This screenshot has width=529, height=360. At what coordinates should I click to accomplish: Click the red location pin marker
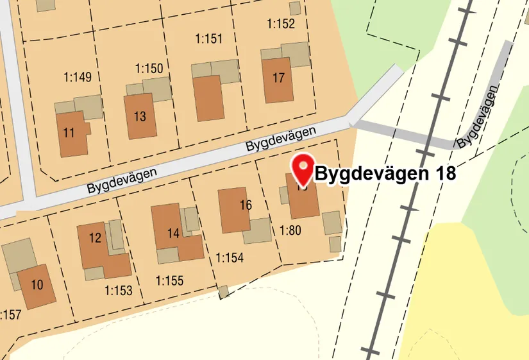tap(302, 168)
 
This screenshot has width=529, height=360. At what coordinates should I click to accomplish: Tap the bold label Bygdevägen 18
tap(386, 174)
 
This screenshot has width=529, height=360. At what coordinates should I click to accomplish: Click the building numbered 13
tap(140, 116)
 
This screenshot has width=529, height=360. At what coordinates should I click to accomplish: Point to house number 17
tap(278, 79)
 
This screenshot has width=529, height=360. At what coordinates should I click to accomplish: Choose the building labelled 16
tap(234, 209)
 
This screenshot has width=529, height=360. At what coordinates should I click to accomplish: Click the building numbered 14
tap(173, 232)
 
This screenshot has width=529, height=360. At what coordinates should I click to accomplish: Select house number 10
tap(37, 285)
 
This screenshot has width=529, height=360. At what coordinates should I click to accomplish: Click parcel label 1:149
tap(78, 78)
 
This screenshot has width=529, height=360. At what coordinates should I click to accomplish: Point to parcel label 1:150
tap(149, 68)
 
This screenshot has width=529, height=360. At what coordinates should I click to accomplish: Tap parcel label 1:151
tap(208, 39)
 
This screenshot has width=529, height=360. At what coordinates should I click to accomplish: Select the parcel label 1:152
tap(281, 24)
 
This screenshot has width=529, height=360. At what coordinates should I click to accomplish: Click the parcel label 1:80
tap(290, 230)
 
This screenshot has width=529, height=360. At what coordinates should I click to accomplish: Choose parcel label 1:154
tap(230, 258)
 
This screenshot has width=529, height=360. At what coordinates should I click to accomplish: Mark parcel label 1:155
tap(169, 280)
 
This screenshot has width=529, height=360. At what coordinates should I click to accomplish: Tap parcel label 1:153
tap(118, 291)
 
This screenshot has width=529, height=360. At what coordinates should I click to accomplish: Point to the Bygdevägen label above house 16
tap(281, 139)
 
